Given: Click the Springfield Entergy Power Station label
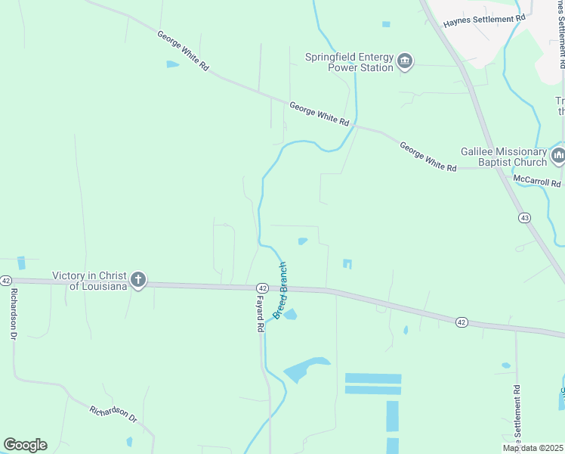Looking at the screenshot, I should pyautogui.click(x=349, y=62).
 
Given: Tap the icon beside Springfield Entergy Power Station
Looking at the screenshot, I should pyautogui.click(x=405, y=61).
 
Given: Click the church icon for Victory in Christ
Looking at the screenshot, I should pyautogui.click(x=137, y=280).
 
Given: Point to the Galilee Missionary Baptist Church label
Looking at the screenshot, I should pyautogui.click(x=504, y=157).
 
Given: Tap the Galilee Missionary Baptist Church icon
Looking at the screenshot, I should pyautogui.click(x=558, y=157).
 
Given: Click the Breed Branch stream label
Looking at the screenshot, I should pyautogui.click(x=280, y=291).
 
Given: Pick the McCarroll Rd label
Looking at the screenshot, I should pyautogui.click(x=536, y=182).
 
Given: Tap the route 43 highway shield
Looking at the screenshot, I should pyautogui.click(x=524, y=218).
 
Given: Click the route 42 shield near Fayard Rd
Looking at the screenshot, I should pyautogui.click(x=262, y=288).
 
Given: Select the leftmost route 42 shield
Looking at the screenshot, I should pyautogui.click(x=6, y=280).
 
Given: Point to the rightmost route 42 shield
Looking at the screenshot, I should pyautogui.click(x=462, y=322).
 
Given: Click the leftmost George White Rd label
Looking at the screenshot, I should pyautogui.click(x=183, y=51).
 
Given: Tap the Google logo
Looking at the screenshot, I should pyautogui.click(x=25, y=445).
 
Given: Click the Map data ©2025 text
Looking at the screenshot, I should pyautogui.click(x=533, y=448).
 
